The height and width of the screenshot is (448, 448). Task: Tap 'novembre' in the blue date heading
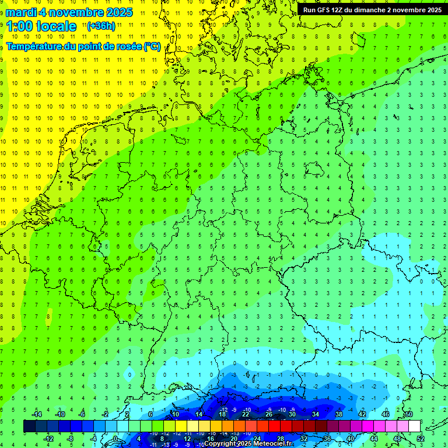81,12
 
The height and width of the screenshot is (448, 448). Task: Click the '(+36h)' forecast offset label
101,26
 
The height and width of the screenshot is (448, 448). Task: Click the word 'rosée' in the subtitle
128,47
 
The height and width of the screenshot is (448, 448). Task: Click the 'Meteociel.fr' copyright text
272,443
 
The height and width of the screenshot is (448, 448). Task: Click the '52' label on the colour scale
420,438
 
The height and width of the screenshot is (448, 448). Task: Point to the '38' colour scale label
338,414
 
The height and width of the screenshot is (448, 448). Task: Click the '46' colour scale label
385,414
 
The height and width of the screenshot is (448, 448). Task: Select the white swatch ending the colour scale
414,426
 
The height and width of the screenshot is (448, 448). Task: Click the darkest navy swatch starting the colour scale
29,426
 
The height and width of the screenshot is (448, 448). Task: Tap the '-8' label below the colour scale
71,438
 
